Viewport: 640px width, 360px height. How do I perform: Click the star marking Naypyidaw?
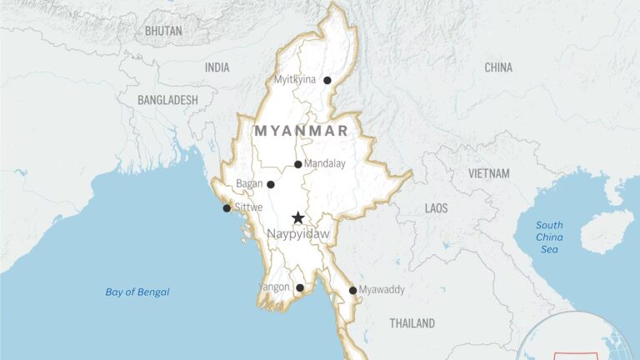[297, 217]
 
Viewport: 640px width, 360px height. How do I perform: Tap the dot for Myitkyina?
[327, 81]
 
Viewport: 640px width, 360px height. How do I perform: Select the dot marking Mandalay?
[298, 164]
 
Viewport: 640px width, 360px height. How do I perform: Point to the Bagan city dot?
[270, 184]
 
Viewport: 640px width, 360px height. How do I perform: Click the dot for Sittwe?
[227, 208]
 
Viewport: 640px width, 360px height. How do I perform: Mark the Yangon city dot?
[300, 288]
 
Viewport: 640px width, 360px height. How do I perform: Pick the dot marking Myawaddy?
[353, 291]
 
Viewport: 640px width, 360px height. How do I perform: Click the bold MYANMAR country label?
[301, 131]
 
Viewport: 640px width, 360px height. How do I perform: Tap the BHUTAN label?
[163, 31]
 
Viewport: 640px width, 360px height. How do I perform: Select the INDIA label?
[217, 67]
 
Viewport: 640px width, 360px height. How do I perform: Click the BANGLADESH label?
[168, 100]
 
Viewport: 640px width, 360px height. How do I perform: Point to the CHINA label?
[498, 67]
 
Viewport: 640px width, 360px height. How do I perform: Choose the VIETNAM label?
[489, 173]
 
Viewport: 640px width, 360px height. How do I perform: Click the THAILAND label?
[412, 322]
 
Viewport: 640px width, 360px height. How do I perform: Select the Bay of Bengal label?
[137, 292]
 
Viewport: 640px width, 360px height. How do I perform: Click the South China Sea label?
[549, 237]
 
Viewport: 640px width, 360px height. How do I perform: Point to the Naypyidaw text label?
[298, 235]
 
